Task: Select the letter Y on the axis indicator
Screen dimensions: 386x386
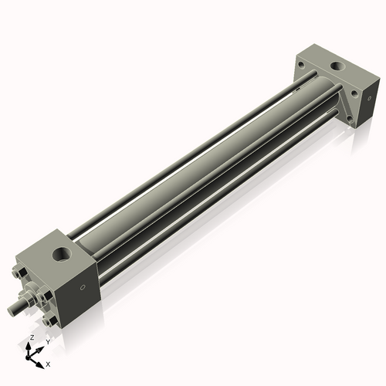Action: (x=48, y=341)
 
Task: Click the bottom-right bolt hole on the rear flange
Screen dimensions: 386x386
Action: (x=352, y=120)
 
